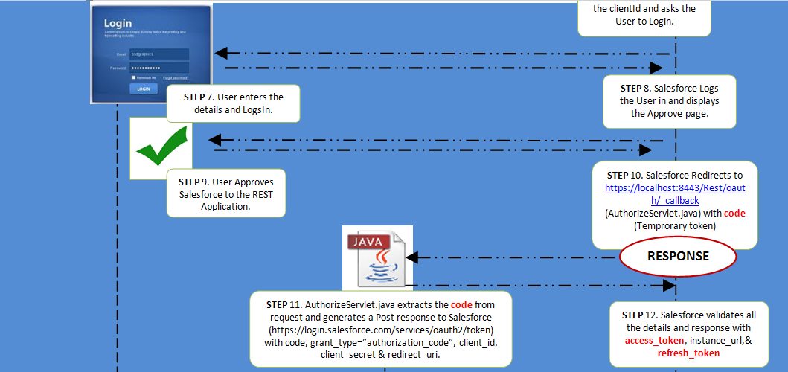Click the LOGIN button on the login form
click(x=144, y=89)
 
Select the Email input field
click(x=158, y=54)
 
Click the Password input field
click(x=158, y=68)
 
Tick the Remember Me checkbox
click(x=133, y=77)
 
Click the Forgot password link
click(x=176, y=77)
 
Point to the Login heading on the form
click(x=118, y=23)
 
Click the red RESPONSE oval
click(x=677, y=257)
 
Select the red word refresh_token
click(x=688, y=353)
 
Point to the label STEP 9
click(x=196, y=182)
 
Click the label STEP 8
click(x=634, y=89)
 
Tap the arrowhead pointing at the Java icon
click(x=411, y=257)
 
